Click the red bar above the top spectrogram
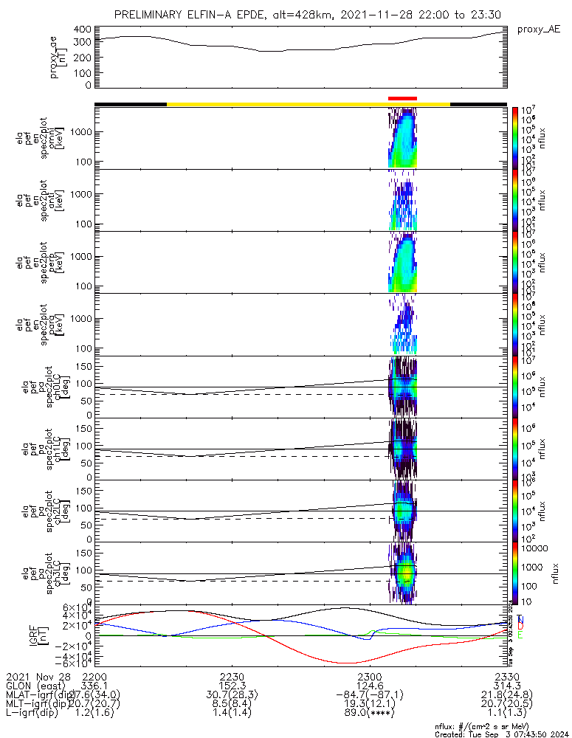pos(402,98)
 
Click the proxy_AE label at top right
pos(538,30)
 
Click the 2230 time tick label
pos(232,676)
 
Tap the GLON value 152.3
pos(232,686)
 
